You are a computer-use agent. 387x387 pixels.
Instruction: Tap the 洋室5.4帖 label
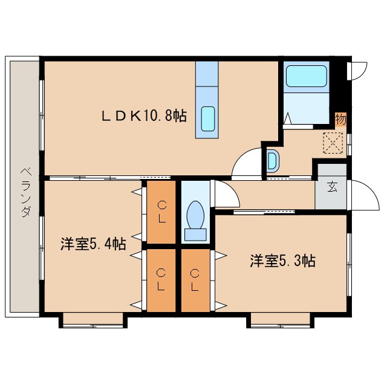93,244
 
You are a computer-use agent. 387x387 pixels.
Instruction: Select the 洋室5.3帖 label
282,261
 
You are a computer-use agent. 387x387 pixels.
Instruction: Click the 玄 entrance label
333,187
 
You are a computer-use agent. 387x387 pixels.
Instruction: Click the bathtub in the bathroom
306,77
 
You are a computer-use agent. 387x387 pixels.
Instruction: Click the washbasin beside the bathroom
273,161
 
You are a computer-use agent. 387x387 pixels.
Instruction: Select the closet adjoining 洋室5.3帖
195,280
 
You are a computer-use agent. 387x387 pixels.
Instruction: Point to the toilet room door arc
223,194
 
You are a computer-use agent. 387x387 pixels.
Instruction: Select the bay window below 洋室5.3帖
281,320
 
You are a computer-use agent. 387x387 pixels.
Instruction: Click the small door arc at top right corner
359,69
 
